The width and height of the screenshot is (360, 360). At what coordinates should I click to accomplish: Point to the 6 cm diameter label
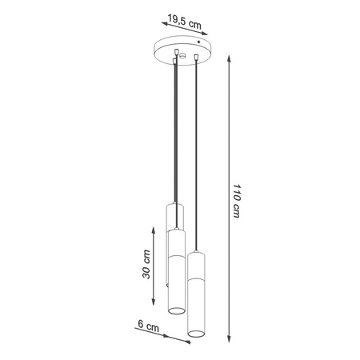(x=146, y=327)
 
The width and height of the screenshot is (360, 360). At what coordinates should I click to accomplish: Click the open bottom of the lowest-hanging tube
(x=195, y=330)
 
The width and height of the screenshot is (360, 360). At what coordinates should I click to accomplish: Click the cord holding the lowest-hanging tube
(x=196, y=160)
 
